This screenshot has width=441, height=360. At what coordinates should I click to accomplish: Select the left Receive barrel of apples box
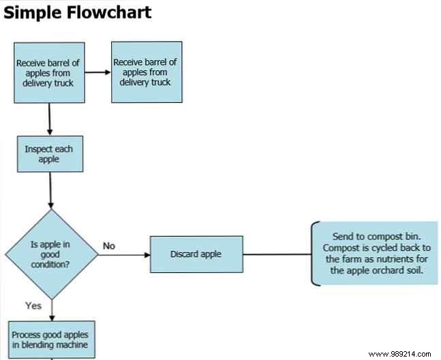[49, 73]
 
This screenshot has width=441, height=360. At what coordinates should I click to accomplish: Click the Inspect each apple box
[50, 154]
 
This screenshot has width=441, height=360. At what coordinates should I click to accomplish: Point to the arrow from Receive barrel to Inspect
[50, 119]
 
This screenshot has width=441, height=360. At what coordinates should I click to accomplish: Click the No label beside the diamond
[108, 245]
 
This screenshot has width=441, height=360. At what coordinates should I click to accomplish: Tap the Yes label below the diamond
[33, 305]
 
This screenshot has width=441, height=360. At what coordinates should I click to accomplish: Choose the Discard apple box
[196, 254]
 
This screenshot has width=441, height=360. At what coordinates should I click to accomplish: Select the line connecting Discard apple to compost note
[276, 254]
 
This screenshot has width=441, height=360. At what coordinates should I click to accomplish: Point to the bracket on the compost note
[314, 253]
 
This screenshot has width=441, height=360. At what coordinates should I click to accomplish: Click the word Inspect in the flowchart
[37, 149]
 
